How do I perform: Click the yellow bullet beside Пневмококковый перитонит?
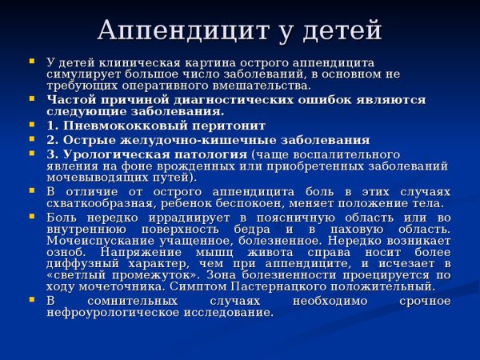click(31, 125)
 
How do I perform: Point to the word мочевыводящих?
click(92, 177)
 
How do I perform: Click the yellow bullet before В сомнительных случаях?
click(31, 299)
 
